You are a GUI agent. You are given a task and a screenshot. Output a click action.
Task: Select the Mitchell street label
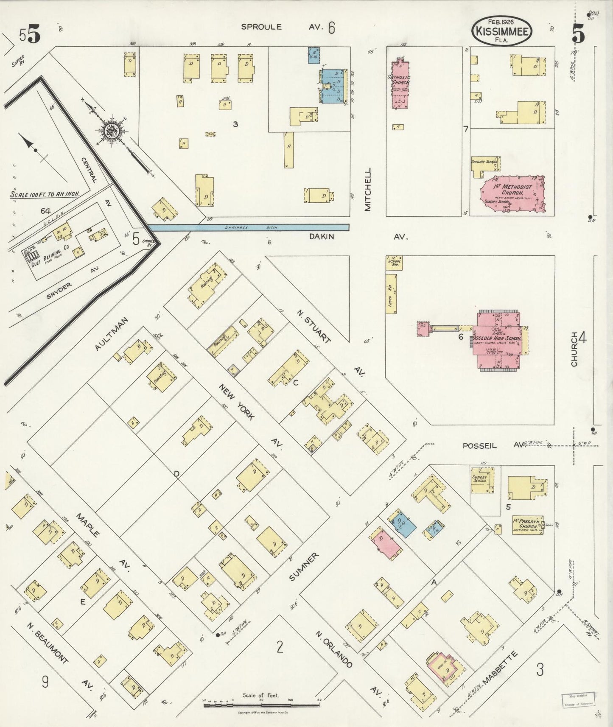[x=367, y=189]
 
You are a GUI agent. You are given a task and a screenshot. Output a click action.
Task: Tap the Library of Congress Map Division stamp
[x=577, y=700]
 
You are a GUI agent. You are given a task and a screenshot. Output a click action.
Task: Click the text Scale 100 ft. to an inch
[x=45, y=194]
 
